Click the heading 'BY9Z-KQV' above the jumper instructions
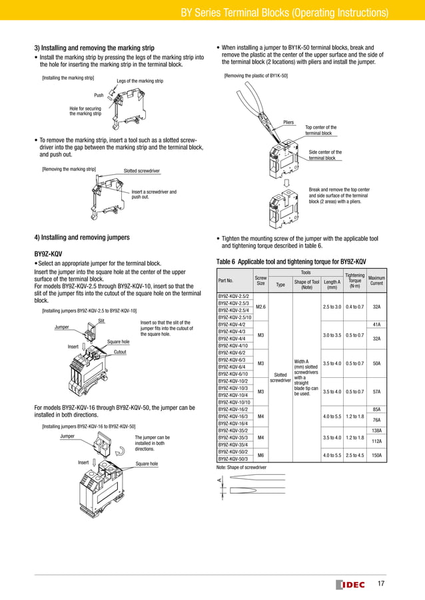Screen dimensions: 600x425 pos(48,254)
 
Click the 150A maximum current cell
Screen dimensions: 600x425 pos(376,454)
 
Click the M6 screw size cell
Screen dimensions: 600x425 pos(261,454)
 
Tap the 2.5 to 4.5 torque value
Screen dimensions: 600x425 pos(354,454)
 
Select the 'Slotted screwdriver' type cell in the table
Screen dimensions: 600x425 pos(280,377)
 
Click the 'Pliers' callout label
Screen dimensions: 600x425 pos(288,122)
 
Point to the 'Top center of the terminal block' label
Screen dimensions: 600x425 pos(320,130)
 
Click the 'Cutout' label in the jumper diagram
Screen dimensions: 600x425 pos(120,351)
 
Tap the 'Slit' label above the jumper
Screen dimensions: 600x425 pos(102,321)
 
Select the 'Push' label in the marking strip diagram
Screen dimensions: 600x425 pos(99,95)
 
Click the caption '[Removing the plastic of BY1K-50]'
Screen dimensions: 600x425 pos(256,76)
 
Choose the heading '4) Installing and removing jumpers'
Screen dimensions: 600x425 pos(82,237)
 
